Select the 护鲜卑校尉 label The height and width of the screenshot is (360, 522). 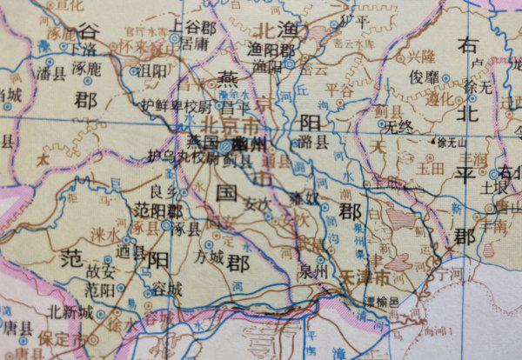pos(177,105)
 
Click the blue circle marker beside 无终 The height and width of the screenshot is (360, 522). pos(380,127)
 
